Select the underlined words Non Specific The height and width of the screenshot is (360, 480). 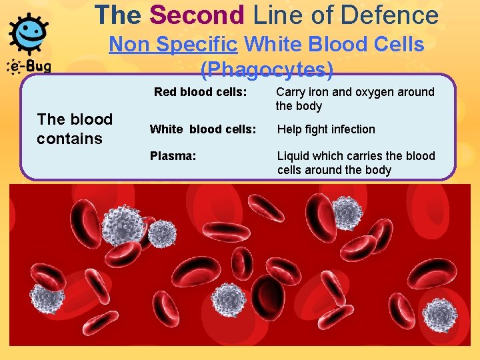click(173, 45)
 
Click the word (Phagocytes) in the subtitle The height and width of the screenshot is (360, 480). click(267, 69)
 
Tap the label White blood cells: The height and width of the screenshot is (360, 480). click(203, 129)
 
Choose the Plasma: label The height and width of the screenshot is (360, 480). click(173, 156)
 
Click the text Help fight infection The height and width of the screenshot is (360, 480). click(326, 129)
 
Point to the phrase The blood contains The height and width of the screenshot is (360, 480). click(75, 129)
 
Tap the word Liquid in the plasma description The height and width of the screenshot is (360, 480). click(293, 156)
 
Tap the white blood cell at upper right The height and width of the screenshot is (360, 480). click(347, 213)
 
